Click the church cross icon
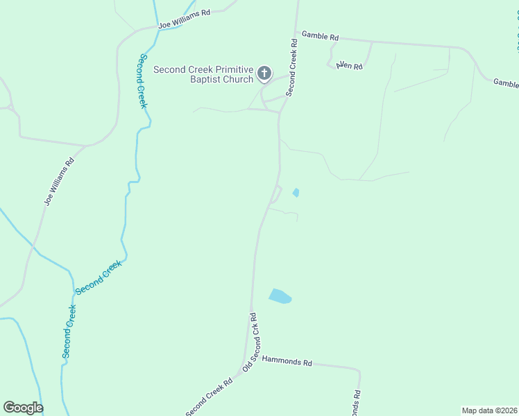tap(264, 72)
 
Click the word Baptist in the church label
tap(205, 79)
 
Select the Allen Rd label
tap(349, 66)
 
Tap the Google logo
tap(23, 408)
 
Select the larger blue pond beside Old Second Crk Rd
tap(280, 296)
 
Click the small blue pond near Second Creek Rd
tap(296, 192)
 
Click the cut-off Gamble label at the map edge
tap(506, 83)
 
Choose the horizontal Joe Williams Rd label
tap(184, 19)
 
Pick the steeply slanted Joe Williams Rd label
tap(59, 182)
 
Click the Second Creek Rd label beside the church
tap(291, 67)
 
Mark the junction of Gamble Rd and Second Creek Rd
tap(296, 32)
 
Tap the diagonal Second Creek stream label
tap(99, 276)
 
